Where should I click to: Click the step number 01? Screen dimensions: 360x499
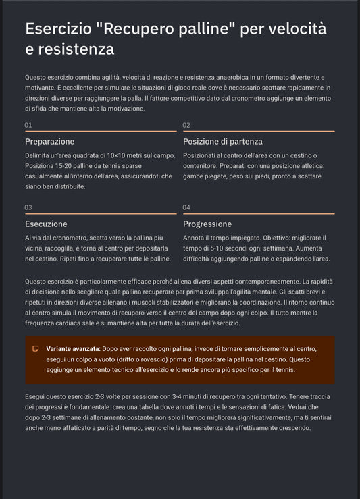[x=28, y=125]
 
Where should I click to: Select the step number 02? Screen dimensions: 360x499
[x=186, y=125]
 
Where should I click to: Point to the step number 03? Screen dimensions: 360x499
[x=28, y=207]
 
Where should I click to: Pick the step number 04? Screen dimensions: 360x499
[x=186, y=207]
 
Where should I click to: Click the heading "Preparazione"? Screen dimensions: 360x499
[x=49, y=142]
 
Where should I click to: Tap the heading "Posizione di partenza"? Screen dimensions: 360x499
[x=223, y=142]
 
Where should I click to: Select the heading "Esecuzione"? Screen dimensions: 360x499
[x=46, y=224]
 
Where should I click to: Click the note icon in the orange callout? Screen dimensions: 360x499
[x=35, y=349]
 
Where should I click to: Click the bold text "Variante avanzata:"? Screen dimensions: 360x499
[x=73, y=349]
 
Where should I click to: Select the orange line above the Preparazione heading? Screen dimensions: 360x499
[x=100, y=131]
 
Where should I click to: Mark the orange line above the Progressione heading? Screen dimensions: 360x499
[x=258, y=213]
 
